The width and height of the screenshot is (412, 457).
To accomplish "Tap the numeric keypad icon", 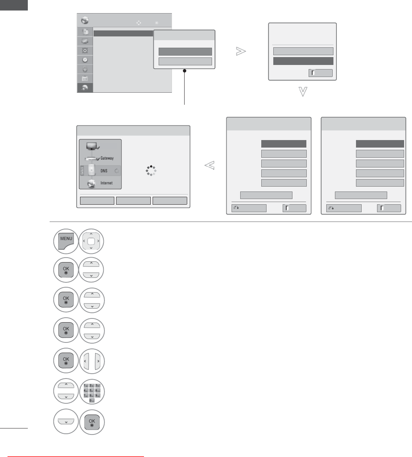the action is pos(92,393).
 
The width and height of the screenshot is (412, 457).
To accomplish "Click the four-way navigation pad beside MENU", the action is pos(91,241).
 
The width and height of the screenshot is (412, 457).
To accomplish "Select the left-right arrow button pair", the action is pos(92,362).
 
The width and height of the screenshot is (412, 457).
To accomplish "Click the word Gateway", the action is pos(107,158).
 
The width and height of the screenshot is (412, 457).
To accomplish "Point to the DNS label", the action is pos(104,170).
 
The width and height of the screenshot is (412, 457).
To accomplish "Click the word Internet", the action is pos(106,183).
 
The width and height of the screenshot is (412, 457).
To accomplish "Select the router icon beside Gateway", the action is pos(91,159).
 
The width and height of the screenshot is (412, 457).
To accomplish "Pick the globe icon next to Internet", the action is pos(91,183).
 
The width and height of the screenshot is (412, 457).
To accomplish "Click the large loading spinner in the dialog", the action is pos(151,171).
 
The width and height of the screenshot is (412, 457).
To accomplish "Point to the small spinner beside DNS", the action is pos(117,171).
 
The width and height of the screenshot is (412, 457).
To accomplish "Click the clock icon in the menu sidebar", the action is pos(85,60).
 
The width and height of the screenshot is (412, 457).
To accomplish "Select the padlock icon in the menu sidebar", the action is pos(85,69).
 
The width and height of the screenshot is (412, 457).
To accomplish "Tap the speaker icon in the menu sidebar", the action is pos(85,50).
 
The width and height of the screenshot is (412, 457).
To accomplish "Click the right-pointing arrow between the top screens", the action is pos(241,51).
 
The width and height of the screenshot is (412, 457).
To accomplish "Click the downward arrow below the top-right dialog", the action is pos(303,92).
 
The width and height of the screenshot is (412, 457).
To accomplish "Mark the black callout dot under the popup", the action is pos(185,71).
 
